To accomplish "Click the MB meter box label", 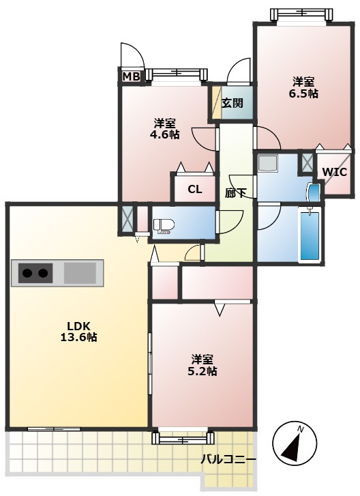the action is [x=131, y=76].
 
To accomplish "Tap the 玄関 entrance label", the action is [x=232, y=103].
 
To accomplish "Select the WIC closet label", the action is [x=334, y=172].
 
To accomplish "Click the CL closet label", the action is [x=195, y=189].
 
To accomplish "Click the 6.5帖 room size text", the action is [x=303, y=93].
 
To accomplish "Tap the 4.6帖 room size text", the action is [x=165, y=134].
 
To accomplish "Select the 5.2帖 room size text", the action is [x=202, y=371].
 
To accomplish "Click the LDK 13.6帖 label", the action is [x=78, y=331].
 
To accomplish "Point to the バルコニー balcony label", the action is [x=228, y=458].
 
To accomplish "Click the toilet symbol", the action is [x=163, y=225].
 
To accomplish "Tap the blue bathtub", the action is [x=310, y=235].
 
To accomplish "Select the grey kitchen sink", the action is [x=80, y=273].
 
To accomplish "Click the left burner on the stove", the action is [x=27, y=273].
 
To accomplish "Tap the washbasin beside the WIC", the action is [x=314, y=192].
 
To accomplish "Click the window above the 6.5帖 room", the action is [x=302, y=13].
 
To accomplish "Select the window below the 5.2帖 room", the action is [x=183, y=438].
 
